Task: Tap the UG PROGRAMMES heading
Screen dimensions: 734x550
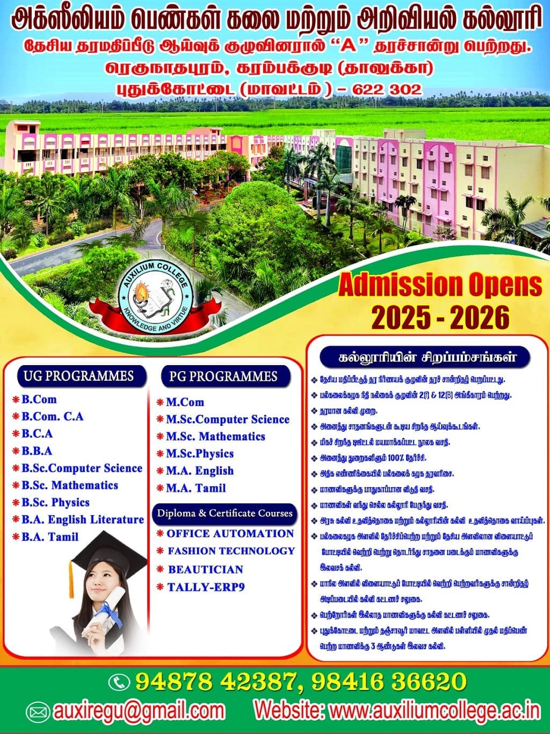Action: pos(78,375)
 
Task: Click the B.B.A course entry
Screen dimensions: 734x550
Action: pos(37,451)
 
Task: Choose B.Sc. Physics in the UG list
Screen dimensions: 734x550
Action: pos(55,502)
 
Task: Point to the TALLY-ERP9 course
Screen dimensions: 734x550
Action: pos(206,587)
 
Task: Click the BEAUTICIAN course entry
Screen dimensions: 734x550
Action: pos(205,569)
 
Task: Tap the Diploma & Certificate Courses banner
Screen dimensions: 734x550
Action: pos(225,513)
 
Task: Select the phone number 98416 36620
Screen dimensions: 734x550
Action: pos(387,682)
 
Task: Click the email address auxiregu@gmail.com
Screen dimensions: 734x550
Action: pos(139,710)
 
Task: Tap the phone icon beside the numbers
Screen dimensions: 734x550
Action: pos(119,682)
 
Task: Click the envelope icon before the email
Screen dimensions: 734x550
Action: pos(38,711)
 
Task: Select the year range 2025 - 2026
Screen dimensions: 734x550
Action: pos(440,317)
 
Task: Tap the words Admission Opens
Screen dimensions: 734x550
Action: pos(440,285)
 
